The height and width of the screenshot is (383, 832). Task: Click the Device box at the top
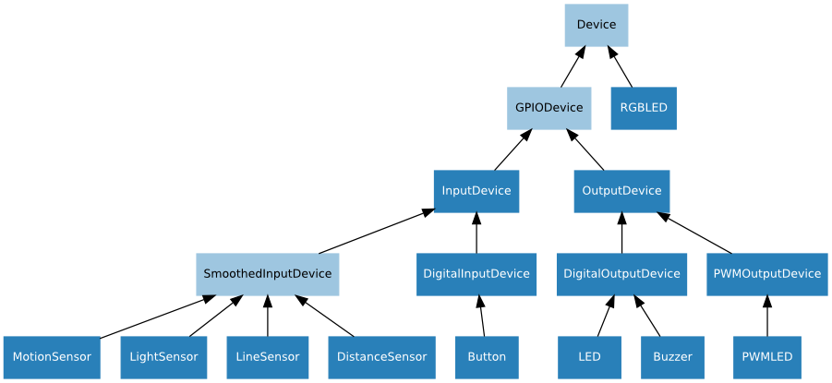pyautogui.click(x=596, y=25)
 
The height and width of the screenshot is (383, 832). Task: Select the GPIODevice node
pyautogui.click(x=549, y=108)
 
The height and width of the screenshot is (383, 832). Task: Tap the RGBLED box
pyautogui.click(x=643, y=108)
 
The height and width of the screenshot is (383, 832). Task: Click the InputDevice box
pyautogui.click(x=476, y=191)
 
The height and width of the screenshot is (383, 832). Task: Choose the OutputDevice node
pyautogui.click(x=621, y=191)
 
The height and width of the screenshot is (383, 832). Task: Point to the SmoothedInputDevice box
pyautogui.click(x=267, y=274)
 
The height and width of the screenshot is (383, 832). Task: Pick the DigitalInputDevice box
pyautogui.click(x=476, y=274)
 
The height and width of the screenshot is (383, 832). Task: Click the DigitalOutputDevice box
pyautogui.click(x=621, y=274)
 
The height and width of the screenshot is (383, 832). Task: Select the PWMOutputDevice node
pyautogui.click(x=766, y=274)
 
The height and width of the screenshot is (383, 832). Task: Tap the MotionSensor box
pyautogui.click(x=52, y=357)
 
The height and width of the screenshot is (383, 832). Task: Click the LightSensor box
pyautogui.click(x=163, y=357)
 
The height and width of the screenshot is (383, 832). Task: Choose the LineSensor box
pyautogui.click(x=267, y=357)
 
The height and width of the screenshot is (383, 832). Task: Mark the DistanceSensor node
pyautogui.click(x=381, y=357)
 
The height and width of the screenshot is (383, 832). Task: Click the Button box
pyautogui.click(x=487, y=357)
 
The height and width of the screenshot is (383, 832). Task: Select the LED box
pyautogui.click(x=589, y=357)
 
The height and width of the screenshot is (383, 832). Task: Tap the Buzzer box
pyautogui.click(x=672, y=357)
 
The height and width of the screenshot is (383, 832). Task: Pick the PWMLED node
pyautogui.click(x=766, y=357)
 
